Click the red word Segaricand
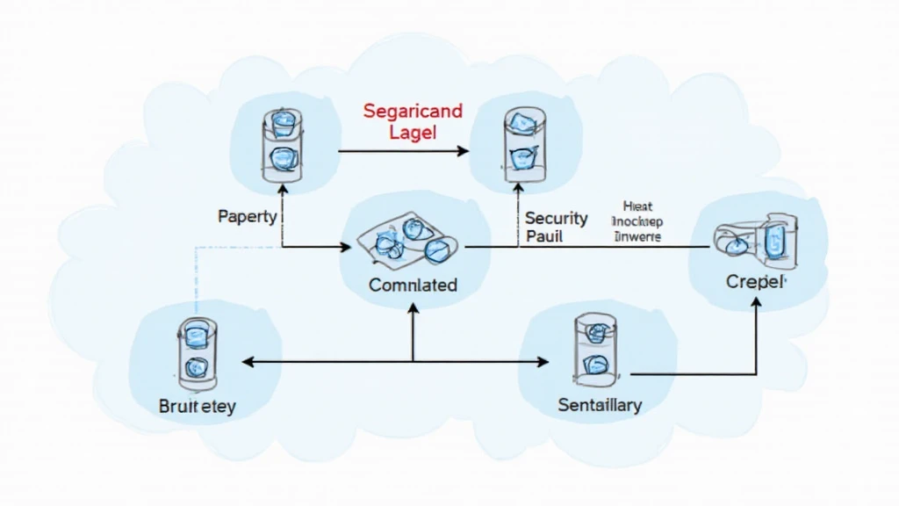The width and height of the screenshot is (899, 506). tap(412, 112)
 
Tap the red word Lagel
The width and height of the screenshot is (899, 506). tap(413, 132)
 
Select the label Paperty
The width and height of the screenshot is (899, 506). tap(248, 215)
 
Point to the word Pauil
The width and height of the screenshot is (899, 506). tap(544, 236)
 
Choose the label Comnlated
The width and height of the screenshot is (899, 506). tap(413, 285)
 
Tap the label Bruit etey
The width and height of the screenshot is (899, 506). tap(198, 407)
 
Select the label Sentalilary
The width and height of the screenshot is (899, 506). tap(600, 405)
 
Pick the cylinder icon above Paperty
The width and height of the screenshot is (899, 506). tap(283, 147)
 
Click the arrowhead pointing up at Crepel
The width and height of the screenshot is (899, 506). tap(756, 302)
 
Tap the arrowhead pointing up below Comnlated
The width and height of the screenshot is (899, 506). tap(413, 307)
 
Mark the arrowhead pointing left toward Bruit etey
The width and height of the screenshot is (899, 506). tap(248, 361)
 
